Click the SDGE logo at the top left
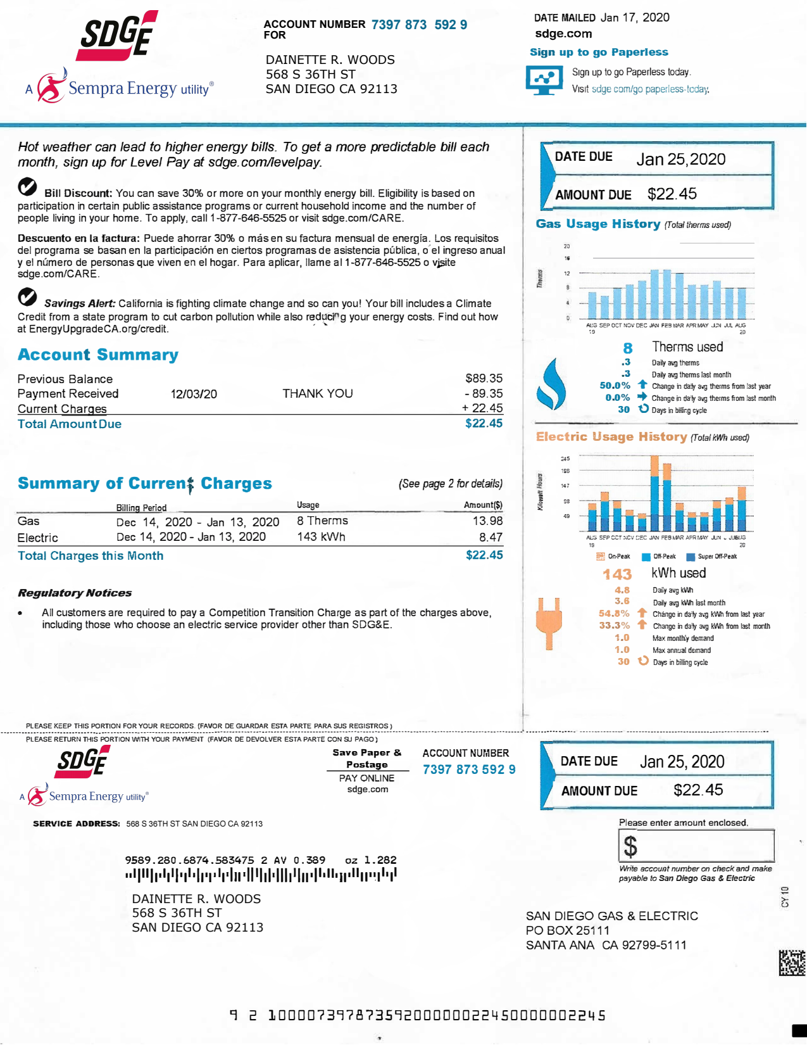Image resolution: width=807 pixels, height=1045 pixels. coord(117,36)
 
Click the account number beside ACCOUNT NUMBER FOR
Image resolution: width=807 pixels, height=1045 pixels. coord(419,25)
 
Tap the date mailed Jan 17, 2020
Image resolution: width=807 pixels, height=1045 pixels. coord(634,18)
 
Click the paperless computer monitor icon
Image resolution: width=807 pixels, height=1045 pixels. coord(544,80)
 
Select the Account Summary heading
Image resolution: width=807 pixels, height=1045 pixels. coord(98,355)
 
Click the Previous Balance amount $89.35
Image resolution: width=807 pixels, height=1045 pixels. coord(484,378)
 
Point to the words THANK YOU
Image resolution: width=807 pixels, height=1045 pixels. coord(317,393)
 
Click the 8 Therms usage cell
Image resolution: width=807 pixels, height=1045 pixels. coord(322,521)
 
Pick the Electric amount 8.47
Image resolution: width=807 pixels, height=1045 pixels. coord(491,537)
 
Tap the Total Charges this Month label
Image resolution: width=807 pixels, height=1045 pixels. coord(91,555)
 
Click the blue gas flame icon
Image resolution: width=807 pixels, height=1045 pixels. coord(550,384)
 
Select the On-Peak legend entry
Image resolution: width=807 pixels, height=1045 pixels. coord(613,557)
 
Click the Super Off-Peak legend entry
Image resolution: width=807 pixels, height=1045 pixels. coord(712,557)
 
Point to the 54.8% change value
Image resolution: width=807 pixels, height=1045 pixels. coord(613,614)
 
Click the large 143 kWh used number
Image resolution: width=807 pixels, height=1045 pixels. coord(616,574)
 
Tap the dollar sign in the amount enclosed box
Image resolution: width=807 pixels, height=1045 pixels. coord(630,846)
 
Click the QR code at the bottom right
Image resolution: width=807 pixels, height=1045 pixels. coord(792,963)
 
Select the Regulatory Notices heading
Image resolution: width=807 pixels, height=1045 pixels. coord(75,593)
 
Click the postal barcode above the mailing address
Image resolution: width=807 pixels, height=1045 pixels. coord(261,875)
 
